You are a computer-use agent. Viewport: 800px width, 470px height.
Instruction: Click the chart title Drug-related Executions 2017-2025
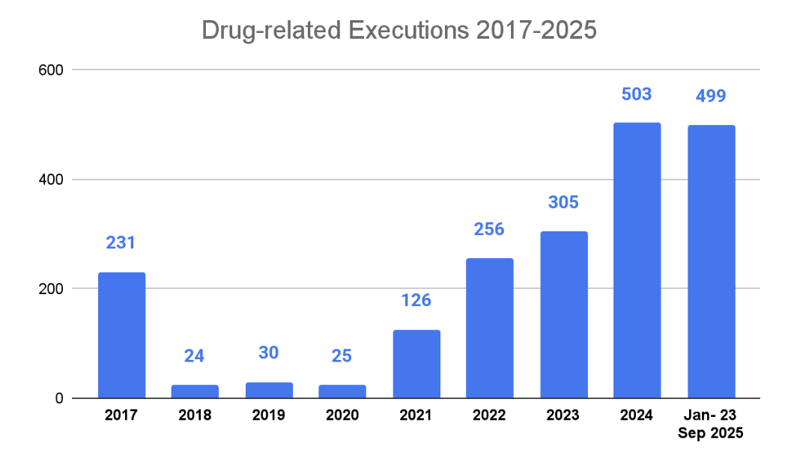(x=399, y=31)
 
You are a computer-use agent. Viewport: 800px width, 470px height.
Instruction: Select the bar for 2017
(x=121, y=335)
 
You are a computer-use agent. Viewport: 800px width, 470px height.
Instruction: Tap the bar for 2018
(x=195, y=391)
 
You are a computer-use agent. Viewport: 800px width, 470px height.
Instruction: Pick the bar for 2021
(x=416, y=364)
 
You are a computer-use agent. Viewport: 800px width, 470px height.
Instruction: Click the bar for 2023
(x=563, y=314)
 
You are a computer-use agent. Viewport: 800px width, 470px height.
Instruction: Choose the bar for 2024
(x=637, y=260)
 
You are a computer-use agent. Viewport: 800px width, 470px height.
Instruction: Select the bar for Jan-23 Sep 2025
(x=711, y=262)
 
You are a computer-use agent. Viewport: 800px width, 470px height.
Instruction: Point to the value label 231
(x=121, y=243)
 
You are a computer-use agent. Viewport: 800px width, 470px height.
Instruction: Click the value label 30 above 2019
(x=268, y=352)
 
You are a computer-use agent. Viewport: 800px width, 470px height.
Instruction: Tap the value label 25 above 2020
(x=342, y=355)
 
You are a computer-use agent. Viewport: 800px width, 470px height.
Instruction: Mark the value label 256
(x=489, y=229)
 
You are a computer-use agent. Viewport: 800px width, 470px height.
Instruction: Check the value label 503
(x=637, y=94)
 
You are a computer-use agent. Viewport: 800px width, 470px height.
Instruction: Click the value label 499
(x=711, y=97)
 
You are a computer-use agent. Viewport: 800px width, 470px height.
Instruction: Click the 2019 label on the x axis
(x=268, y=415)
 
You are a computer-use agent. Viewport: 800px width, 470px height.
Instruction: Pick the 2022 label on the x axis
(x=489, y=415)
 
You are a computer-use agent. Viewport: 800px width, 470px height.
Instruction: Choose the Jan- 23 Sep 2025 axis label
(x=711, y=423)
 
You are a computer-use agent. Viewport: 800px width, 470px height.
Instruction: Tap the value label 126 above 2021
(x=416, y=300)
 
